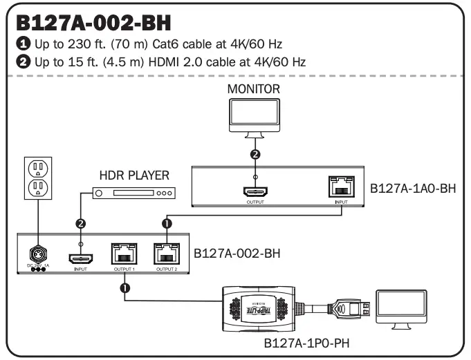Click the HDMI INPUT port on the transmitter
click(80, 256)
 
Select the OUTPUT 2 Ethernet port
click(167, 254)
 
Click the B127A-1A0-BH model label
click(411, 187)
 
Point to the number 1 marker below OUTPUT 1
click(124, 287)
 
